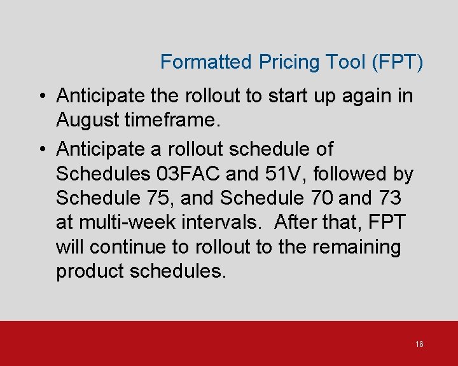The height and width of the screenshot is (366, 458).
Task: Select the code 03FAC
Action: [191, 173]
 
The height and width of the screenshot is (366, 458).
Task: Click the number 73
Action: [389, 198]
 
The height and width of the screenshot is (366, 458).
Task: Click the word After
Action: [298, 223]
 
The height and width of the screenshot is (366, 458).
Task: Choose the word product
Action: [90, 271]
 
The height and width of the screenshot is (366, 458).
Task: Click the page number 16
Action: [419, 344]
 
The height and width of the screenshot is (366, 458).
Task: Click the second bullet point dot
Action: [41, 150]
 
